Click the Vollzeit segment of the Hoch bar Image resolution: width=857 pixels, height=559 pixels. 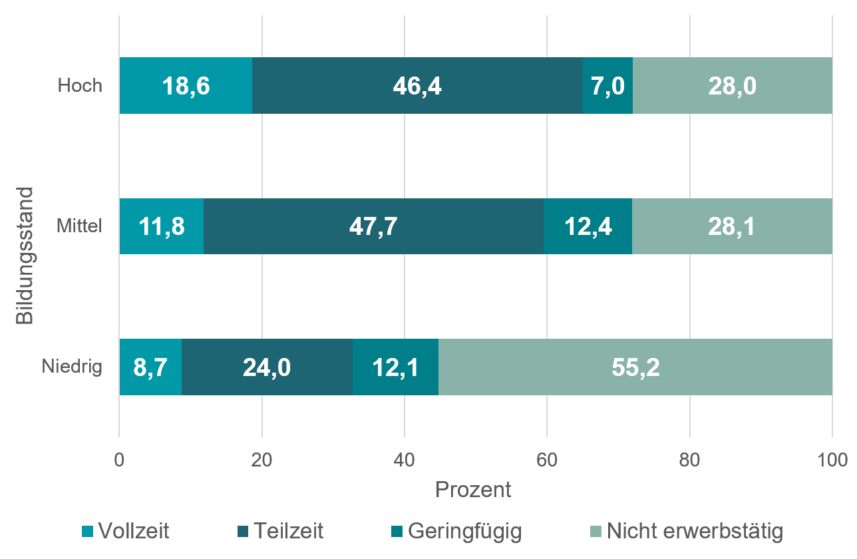click(186, 86)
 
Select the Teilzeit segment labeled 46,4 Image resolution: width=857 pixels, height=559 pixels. click(417, 86)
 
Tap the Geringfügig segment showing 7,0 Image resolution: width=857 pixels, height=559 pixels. click(607, 86)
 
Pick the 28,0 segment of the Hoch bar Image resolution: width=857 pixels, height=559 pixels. click(733, 86)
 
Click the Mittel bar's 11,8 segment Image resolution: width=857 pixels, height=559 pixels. click(162, 226)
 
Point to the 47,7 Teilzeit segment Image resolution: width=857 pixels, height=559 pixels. click(373, 226)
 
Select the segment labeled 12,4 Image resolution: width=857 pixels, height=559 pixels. click(588, 226)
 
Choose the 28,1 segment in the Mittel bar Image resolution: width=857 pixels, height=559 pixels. click(732, 226)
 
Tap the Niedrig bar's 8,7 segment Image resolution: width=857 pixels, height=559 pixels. click(150, 367)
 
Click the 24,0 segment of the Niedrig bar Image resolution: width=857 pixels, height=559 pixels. click(267, 367)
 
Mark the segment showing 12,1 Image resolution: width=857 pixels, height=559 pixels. click(395, 367)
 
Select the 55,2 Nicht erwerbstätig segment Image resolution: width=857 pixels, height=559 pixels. click(635, 367)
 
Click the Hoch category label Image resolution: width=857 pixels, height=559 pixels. click(80, 86)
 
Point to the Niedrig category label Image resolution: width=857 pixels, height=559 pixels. click(72, 367)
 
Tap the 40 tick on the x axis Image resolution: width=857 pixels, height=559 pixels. click(405, 460)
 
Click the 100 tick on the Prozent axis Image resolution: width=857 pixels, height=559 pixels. click(832, 460)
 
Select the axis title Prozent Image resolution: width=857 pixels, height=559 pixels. click(473, 490)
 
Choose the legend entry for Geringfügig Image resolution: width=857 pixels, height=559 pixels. click(456, 531)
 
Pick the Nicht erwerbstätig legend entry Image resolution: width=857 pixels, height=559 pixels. click(687, 531)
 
